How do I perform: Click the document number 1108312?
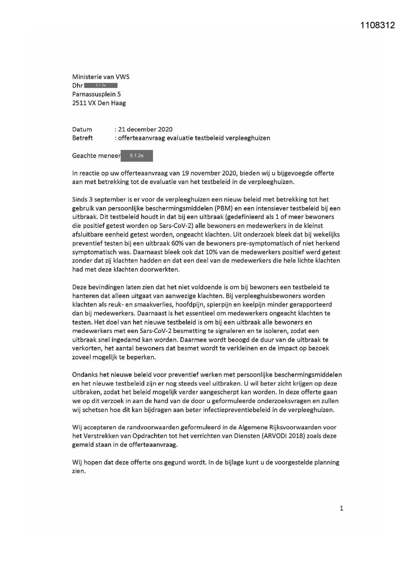click(378, 25)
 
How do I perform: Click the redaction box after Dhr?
click(101, 85)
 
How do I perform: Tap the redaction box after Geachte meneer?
click(137, 156)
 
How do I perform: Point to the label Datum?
click(82, 129)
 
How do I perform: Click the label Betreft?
click(82, 138)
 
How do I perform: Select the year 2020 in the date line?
click(166, 129)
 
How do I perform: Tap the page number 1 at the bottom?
click(341, 508)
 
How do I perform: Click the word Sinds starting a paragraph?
click(80, 199)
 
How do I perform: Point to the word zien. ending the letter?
click(79, 471)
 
